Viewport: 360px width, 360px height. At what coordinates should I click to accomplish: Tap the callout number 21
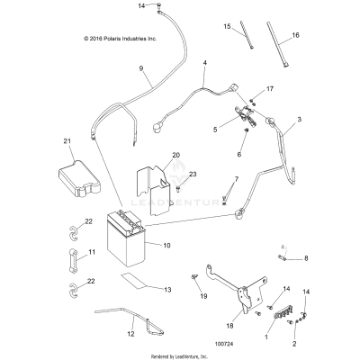(67, 141)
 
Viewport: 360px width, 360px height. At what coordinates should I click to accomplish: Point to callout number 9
(141, 68)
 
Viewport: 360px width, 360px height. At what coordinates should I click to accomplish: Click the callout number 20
(176, 156)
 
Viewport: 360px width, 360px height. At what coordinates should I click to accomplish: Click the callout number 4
(205, 63)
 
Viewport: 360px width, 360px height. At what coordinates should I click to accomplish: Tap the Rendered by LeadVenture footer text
(179, 355)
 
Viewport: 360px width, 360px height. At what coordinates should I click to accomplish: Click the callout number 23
(192, 174)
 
